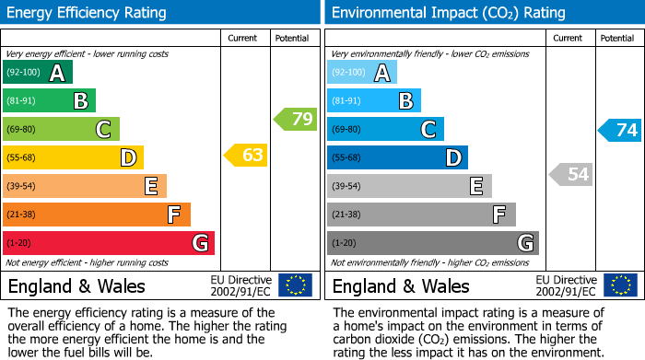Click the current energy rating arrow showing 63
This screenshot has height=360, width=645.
coord(246,156)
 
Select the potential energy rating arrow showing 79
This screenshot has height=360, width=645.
coord(295,119)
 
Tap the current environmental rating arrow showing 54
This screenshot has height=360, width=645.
coord(570,174)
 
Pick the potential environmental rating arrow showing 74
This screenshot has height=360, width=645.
coord(620,130)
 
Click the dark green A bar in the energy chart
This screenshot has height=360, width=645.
coord(38,73)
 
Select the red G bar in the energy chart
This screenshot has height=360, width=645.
coord(109,243)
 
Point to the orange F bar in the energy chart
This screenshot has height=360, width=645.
coord(97,215)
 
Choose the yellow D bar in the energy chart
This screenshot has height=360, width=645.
coord(73,157)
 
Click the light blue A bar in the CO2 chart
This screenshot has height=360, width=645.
coord(362,73)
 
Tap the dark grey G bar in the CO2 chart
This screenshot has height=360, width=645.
coord(433,243)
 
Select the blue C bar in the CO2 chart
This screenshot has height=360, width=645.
coord(385,130)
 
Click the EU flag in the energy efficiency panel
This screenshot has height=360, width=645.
coord(295,285)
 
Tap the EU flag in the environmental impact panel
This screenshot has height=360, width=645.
coord(620,285)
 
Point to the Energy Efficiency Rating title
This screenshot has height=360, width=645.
coord(88,13)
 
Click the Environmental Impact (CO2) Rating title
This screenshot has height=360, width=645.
coord(448,13)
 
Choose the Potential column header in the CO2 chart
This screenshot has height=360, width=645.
coord(617,38)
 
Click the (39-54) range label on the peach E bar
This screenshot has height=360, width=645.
coord(21,187)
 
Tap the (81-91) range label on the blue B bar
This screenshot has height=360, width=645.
coord(346,101)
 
